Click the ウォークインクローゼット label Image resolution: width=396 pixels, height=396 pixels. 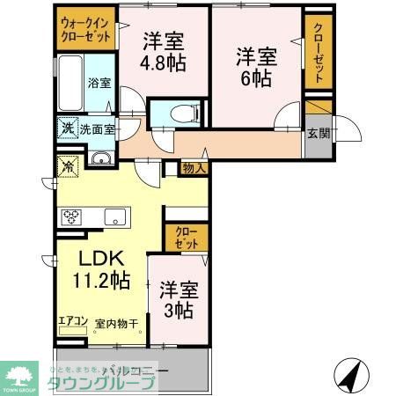[x=86, y=32]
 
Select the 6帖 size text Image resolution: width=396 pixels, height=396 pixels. [x=256, y=77]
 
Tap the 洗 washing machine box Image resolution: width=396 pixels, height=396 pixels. [x=68, y=128]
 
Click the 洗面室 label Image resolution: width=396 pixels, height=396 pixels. [x=97, y=128]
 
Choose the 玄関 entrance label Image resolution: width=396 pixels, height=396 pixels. [x=319, y=134]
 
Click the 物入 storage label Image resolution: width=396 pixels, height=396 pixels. [x=194, y=167]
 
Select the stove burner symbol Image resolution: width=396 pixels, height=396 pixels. [x=70, y=216]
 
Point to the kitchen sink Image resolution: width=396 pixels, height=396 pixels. [x=114, y=216]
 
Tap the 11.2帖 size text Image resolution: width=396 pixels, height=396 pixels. [x=100, y=282]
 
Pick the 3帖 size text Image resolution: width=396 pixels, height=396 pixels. [x=178, y=310]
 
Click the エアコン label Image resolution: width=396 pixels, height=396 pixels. [x=72, y=321]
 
